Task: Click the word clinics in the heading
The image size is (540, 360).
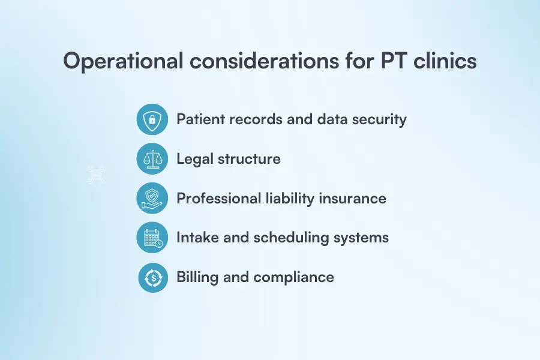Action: coord(445,62)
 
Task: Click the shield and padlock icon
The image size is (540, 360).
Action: coord(152,119)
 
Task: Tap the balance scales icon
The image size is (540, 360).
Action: coord(152,159)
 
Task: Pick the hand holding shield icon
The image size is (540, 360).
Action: coord(152,199)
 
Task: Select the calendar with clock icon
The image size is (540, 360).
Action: coord(152,238)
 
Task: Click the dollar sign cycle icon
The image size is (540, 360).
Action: coord(152,277)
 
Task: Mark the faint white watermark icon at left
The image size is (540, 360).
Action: coord(96,175)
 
